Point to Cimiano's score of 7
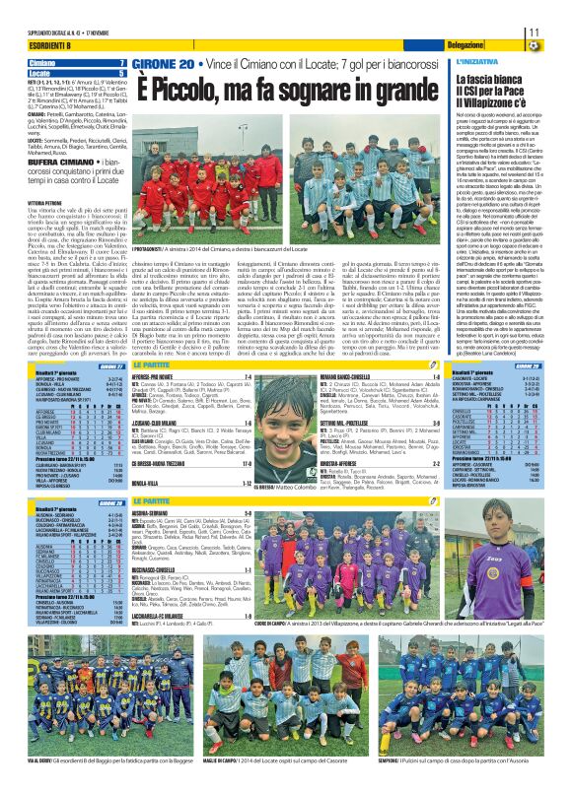(121, 63)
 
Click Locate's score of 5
(121, 73)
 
